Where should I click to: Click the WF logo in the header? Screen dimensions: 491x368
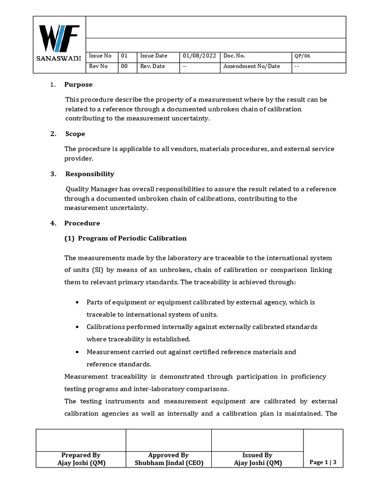58,39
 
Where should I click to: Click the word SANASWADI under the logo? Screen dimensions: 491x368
59,58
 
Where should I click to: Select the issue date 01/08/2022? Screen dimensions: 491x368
199,56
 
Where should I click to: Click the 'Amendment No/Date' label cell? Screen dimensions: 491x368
252,66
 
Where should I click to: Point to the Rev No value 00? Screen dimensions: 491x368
125,66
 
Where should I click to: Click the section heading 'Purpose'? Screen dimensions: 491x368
79,84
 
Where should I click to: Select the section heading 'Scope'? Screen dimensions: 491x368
75,134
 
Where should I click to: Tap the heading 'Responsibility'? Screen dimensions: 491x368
90,174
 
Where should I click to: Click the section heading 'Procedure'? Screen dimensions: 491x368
82,223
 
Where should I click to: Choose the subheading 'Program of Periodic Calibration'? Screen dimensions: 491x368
132,238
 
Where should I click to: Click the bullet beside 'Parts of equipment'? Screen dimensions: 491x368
78,303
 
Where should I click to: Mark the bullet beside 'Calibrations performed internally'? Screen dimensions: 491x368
78,327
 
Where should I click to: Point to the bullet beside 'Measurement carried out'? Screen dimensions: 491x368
78,352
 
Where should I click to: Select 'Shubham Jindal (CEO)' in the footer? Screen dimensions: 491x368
168,463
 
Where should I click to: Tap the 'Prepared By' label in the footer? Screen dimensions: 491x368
80,455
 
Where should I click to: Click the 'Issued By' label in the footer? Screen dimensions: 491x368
257,455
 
